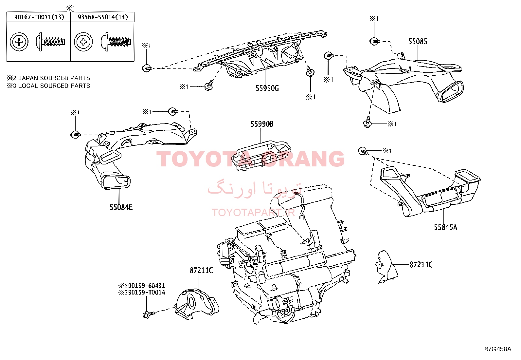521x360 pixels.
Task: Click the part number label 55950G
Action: click(x=267, y=88)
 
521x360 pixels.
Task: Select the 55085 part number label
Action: click(x=418, y=42)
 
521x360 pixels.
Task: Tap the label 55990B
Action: click(x=262, y=124)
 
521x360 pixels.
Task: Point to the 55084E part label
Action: click(x=121, y=207)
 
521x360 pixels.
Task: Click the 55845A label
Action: click(x=445, y=227)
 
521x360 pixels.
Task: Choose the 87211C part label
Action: click(x=201, y=270)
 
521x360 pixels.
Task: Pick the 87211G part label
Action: click(x=421, y=265)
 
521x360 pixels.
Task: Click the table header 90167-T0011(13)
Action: click(x=39, y=17)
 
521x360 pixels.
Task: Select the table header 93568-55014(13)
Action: click(x=102, y=17)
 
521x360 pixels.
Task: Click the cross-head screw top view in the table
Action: click(x=19, y=42)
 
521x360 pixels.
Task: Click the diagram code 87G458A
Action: click(x=498, y=349)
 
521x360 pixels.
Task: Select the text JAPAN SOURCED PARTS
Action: click(x=54, y=78)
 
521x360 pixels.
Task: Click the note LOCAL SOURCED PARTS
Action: click(x=54, y=86)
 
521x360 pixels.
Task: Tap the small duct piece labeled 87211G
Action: click(x=386, y=267)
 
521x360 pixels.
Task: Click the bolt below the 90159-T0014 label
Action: click(x=149, y=314)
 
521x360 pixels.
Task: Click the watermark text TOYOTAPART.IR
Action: click(x=253, y=212)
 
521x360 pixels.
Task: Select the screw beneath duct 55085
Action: click(x=368, y=122)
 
